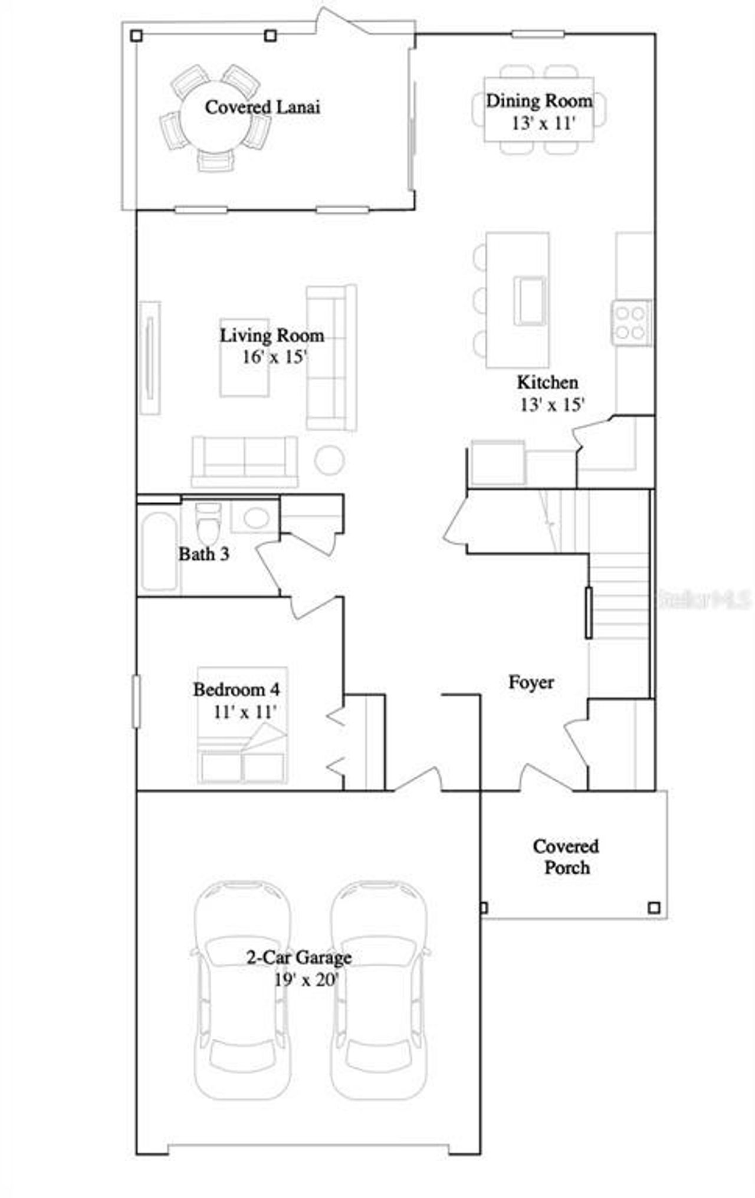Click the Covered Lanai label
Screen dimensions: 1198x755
click(x=262, y=107)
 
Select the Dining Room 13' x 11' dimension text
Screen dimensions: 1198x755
click(x=543, y=123)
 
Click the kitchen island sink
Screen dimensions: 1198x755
click(x=530, y=300)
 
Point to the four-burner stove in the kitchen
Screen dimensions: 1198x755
click(x=631, y=323)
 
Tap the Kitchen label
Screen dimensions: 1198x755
click(x=547, y=382)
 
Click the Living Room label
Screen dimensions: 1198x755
click(x=272, y=336)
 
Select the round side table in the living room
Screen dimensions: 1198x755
click(x=329, y=460)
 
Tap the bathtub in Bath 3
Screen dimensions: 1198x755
click(x=159, y=552)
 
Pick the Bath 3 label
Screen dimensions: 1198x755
click(x=203, y=554)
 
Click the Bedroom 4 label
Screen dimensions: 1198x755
click(x=237, y=689)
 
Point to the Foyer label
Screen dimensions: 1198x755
click(x=531, y=682)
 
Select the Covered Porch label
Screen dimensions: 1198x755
click(x=566, y=856)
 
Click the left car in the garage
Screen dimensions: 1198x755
click(x=242, y=985)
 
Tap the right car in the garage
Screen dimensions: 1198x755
click(x=379, y=985)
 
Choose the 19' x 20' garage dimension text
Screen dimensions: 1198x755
click(x=306, y=980)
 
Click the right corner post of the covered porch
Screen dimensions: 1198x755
click(x=654, y=907)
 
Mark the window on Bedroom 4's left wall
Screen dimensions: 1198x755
click(x=136, y=701)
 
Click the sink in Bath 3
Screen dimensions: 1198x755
click(x=256, y=518)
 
